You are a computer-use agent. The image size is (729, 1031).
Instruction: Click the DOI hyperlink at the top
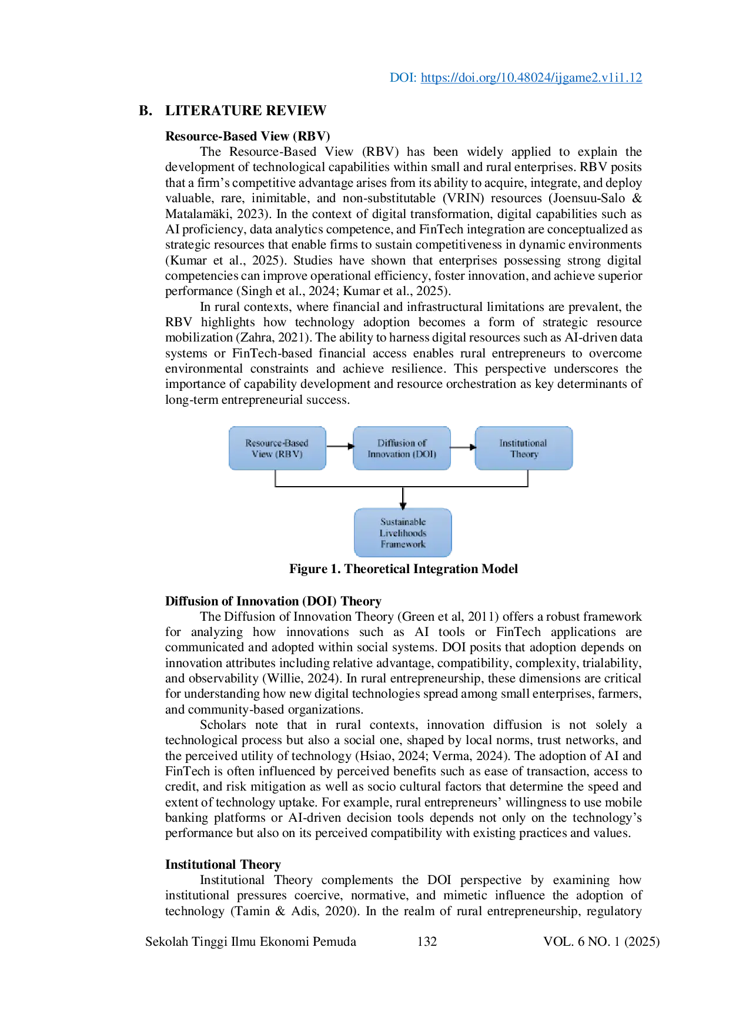[x=531, y=78]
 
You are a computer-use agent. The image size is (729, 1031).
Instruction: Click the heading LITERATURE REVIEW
[x=246, y=111]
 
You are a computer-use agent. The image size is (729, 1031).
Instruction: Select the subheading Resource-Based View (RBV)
[x=248, y=136]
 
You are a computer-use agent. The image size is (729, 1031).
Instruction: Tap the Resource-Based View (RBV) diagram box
[x=277, y=448]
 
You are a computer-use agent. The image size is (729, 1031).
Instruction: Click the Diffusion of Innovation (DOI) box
[x=402, y=448]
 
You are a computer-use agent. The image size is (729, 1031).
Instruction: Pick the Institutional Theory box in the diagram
[x=523, y=448]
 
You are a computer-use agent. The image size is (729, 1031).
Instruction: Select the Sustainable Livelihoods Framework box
[x=403, y=533]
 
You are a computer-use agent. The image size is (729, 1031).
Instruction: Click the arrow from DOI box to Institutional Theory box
[x=463, y=447]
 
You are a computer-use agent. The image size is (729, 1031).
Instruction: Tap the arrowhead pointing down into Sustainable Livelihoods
[x=403, y=506]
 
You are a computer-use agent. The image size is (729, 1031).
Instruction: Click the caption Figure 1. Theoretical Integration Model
[x=403, y=569]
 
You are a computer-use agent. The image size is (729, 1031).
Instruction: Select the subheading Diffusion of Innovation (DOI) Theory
[x=273, y=601]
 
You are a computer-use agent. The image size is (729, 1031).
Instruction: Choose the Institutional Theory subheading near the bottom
[x=223, y=865]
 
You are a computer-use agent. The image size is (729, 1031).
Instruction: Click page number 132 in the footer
[x=427, y=942]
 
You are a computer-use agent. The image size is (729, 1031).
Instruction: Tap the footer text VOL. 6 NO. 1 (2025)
[x=601, y=942]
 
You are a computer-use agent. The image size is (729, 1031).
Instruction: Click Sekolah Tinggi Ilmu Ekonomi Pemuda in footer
[x=250, y=942]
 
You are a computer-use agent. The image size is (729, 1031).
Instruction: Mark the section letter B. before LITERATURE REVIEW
[x=146, y=111]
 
